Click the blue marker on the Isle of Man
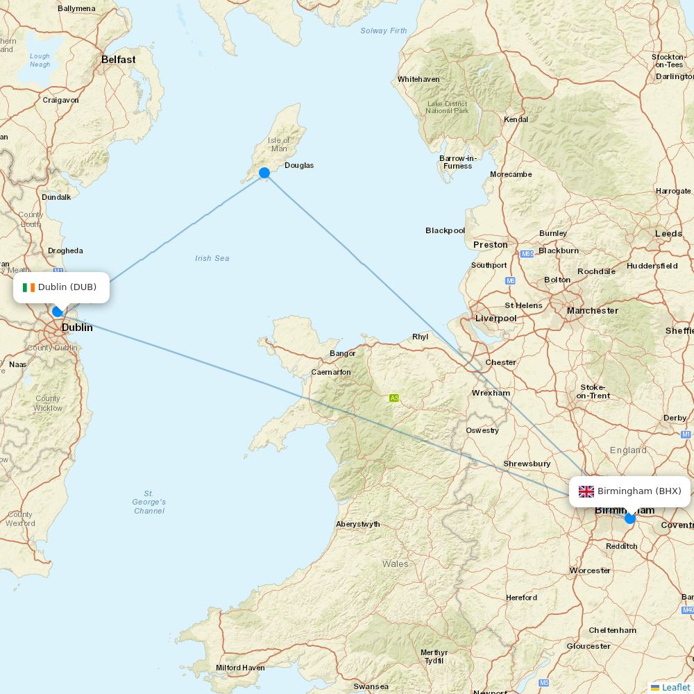(x=264, y=173)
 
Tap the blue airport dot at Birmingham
(x=629, y=518)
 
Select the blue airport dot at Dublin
(x=58, y=312)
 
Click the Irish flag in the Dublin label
(x=28, y=287)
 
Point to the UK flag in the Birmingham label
(x=586, y=491)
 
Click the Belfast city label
(x=119, y=60)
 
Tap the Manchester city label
(x=592, y=310)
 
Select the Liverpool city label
(x=496, y=318)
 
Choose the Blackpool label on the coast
(x=445, y=230)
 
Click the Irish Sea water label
(x=212, y=258)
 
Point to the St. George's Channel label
(x=149, y=502)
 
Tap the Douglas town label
(x=298, y=165)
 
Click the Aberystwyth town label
(x=357, y=524)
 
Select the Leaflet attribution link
(x=675, y=687)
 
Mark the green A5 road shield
(x=394, y=398)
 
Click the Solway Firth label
(x=384, y=31)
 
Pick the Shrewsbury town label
(x=527, y=463)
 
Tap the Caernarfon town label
(x=331, y=372)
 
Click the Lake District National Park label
(x=447, y=107)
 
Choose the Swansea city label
(x=371, y=686)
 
